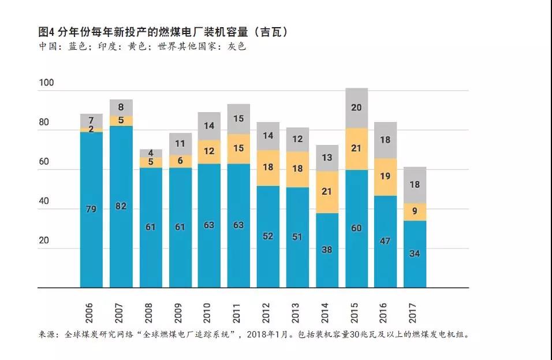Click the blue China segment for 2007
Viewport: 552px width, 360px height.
[x=121, y=206]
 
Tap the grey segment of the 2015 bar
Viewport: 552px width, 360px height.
[x=356, y=108]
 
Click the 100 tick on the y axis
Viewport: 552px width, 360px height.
[x=46, y=83]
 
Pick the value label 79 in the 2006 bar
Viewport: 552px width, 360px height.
[x=91, y=209]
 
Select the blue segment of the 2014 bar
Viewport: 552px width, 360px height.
[x=327, y=250]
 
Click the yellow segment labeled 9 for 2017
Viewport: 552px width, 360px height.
[x=415, y=211]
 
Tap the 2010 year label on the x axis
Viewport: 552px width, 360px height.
[x=209, y=312]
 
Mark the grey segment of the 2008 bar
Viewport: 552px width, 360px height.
[x=150, y=153]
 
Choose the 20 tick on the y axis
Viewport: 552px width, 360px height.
[x=44, y=241]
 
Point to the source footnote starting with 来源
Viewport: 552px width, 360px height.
[x=254, y=335]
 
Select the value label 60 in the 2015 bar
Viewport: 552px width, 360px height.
[x=356, y=228]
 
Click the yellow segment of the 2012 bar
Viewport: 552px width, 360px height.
[x=268, y=168]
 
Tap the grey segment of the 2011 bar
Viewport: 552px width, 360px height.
[x=238, y=119]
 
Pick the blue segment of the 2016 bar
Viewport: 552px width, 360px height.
[x=386, y=242]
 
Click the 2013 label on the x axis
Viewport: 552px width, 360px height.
[x=297, y=312]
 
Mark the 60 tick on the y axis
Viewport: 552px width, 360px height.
[x=44, y=162]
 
